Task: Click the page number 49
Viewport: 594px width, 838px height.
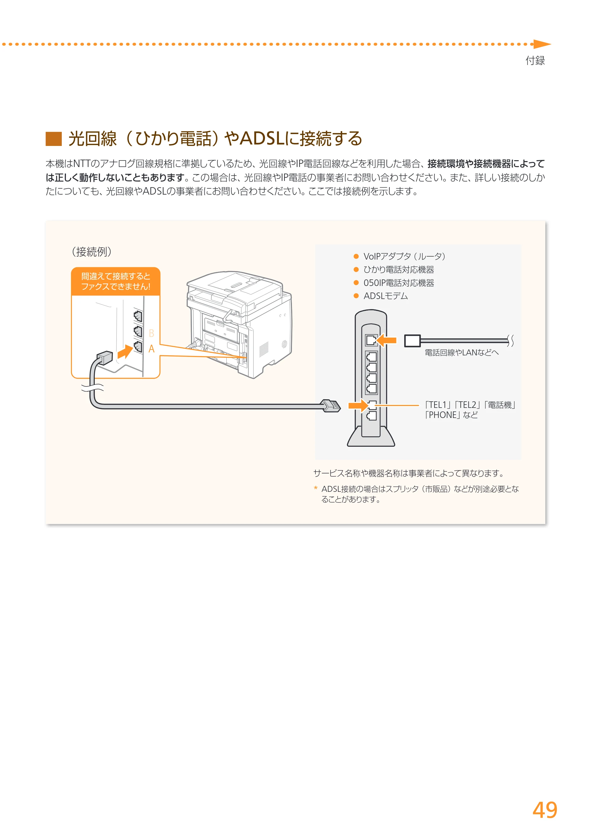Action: [545, 810]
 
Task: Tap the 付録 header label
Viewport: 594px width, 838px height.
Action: [535, 60]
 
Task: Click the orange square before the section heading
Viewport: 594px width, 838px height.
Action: [54, 139]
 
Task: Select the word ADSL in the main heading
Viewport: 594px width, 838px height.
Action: [262, 139]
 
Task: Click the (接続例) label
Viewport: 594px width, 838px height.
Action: [91, 252]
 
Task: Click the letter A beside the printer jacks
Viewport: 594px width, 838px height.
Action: [151, 349]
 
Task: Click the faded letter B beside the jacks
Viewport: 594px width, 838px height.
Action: [151, 333]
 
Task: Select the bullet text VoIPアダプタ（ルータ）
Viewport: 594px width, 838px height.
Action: [404, 256]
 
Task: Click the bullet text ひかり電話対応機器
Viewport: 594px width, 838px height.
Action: [399, 270]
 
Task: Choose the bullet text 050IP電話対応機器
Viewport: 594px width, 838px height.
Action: [399, 283]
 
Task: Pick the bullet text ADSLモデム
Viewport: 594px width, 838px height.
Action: [386, 296]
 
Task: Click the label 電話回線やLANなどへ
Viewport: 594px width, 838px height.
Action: [462, 352]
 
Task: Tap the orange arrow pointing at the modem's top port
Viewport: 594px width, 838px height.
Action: [386, 340]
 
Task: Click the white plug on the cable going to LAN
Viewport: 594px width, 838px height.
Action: [412, 341]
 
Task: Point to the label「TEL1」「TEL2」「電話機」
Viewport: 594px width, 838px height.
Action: [470, 405]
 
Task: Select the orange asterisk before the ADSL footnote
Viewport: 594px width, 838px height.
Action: [316, 488]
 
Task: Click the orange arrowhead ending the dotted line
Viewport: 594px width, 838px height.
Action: [542, 44]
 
